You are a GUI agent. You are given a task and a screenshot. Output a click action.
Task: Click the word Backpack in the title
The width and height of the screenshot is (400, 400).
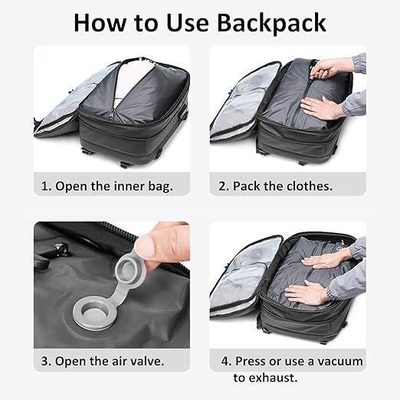click(271, 24)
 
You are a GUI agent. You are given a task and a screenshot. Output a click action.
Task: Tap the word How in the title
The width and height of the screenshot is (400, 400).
click(100, 23)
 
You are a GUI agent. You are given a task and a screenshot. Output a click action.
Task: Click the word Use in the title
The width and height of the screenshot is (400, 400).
click(188, 23)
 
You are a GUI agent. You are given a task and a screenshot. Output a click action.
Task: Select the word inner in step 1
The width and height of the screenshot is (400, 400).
click(129, 185)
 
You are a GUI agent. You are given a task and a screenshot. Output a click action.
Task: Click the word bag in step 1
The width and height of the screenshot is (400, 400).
click(160, 186)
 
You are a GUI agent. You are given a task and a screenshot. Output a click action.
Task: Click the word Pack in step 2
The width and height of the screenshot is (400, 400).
click(247, 185)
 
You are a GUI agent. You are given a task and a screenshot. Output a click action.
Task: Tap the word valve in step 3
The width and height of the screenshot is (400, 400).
click(147, 361)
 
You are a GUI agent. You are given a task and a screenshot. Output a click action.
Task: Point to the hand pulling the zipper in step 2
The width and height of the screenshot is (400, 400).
click(333, 68)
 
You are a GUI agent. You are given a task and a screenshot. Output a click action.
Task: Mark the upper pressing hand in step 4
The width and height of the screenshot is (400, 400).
click(324, 262)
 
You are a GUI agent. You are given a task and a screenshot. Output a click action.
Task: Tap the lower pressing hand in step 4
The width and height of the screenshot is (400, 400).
click(306, 293)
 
